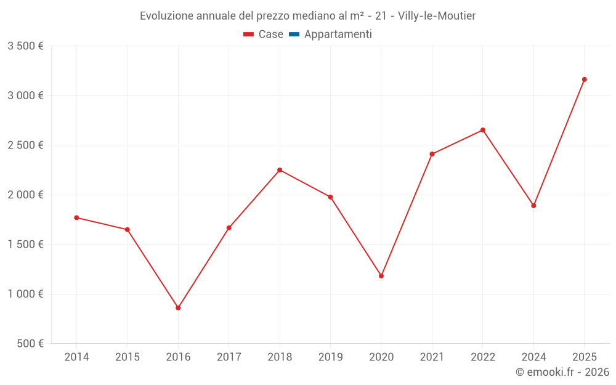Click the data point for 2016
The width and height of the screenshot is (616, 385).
pos(178,308)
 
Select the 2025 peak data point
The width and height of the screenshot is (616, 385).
pos(584,79)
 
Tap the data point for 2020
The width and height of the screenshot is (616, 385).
pos(381,276)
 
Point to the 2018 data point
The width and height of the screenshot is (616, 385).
pos(280,170)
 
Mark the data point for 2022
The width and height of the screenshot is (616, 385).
pos(483,130)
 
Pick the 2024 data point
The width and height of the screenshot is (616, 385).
pos(533,206)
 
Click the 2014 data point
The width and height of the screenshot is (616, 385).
pos(76,217)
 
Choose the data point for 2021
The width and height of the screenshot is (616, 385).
pos(432,154)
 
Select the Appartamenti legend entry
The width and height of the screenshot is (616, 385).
pos(338,34)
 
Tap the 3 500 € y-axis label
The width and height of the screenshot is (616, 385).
pos(25,46)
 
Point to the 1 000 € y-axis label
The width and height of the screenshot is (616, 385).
pos(25,294)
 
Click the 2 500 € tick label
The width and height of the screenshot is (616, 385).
pos(25,145)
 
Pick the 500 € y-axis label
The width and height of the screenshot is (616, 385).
pos(30,344)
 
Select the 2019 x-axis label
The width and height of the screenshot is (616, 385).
pos(330,357)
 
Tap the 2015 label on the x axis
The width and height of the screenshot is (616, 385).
pos(128,357)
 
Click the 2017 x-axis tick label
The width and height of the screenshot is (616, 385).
pos(229,357)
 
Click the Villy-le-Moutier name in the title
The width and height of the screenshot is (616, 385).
pos(437,15)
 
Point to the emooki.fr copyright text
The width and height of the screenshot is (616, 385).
pos(562,372)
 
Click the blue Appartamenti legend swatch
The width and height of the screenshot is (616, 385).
pos(294,34)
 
